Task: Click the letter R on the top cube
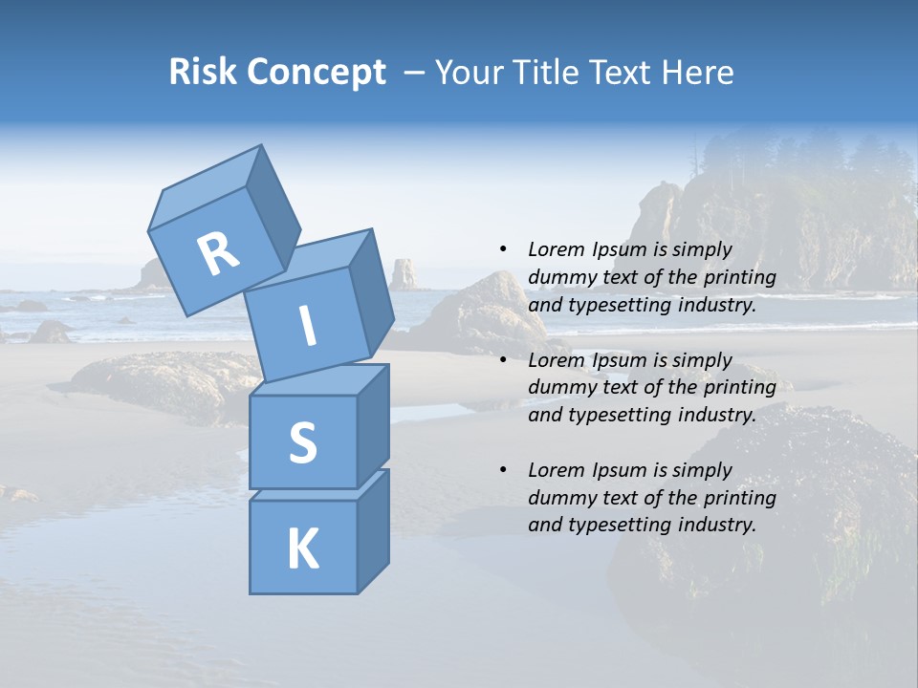(x=218, y=253)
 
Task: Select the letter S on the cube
(x=302, y=443)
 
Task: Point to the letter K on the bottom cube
(x=302, y=549)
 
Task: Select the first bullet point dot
(x=503, y=249)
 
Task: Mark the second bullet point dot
(x=503, y=360)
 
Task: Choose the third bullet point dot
(x=503, y=470)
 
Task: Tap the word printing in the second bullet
(x=739, y=388)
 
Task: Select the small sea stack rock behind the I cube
(x=404, y=274)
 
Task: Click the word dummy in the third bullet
(x=560, y=498)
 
